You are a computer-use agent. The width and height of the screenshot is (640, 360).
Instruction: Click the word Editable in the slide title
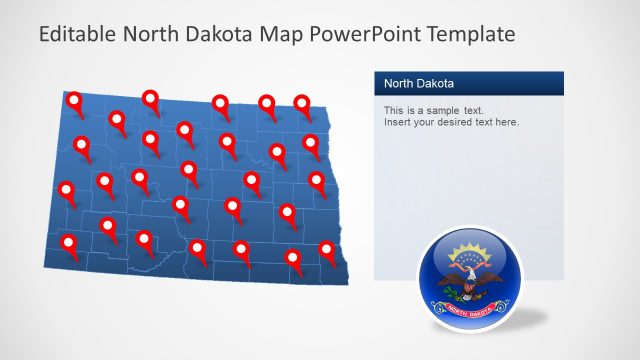pos(77,34)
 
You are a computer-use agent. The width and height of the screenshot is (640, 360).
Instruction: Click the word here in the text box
pos(506,122)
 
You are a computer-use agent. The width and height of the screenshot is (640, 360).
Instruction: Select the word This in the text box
pos(395,109)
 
